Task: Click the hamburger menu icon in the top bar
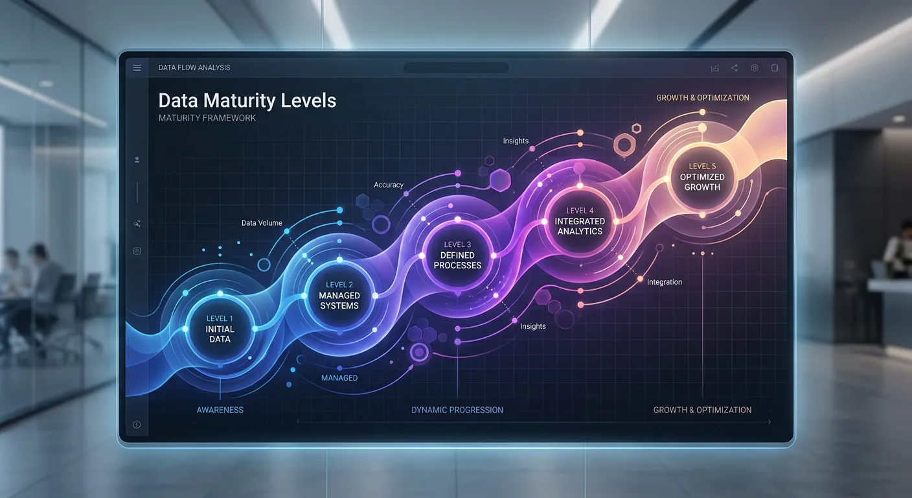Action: [x=137, y=67]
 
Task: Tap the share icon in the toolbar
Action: [x=735, y=67]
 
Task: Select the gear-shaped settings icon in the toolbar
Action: [x=755, y=67]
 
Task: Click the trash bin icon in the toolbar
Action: [x=774, y=67]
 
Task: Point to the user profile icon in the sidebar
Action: [x=137, y=160]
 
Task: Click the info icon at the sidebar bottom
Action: [x=137, y=425]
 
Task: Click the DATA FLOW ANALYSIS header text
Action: [x=194, y=67]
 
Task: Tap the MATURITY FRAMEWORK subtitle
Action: [x=207, y=118]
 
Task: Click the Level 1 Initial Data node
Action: [x=220, y=329]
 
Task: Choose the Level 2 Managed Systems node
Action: [x=339, y=295]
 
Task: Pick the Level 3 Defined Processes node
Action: [x=457, y=255]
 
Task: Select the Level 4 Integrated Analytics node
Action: [x=580, y=221]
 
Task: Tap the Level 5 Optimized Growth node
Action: [x=702, y=177]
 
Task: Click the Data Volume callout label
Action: [x=262, y=223]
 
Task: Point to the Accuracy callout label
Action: [x=389, y=185]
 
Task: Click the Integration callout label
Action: [x=665, y=282]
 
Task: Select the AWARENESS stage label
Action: [x=220, y=410]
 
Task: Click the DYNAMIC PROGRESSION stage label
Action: [x=457, y=410]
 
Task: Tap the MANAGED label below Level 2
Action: [x=339, y=378]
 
